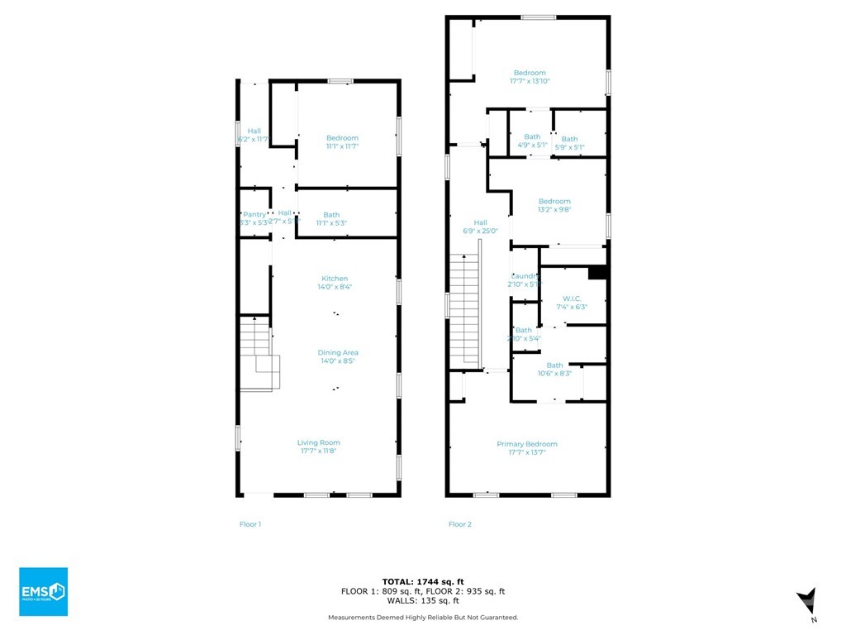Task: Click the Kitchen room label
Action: click(x=335, y=279)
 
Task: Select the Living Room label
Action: click(x=319, y=442)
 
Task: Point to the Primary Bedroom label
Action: click(x=527, y=444)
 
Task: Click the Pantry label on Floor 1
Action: click(x=254, y=214)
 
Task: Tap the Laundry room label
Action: click(x=525, y=276)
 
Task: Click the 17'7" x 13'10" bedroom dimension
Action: click(x=530, y=81)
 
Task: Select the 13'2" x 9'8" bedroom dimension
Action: click(x=554, y=210)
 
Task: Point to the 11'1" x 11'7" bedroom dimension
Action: click(x=342, y=146)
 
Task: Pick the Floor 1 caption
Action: click(x=250, y=524)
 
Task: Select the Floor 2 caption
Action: click(x=460, y=524)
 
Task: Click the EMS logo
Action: click(x=43, y=591)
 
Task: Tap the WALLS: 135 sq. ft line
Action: click(x=422, y=601)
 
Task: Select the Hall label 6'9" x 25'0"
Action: click(x=480, y=227)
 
